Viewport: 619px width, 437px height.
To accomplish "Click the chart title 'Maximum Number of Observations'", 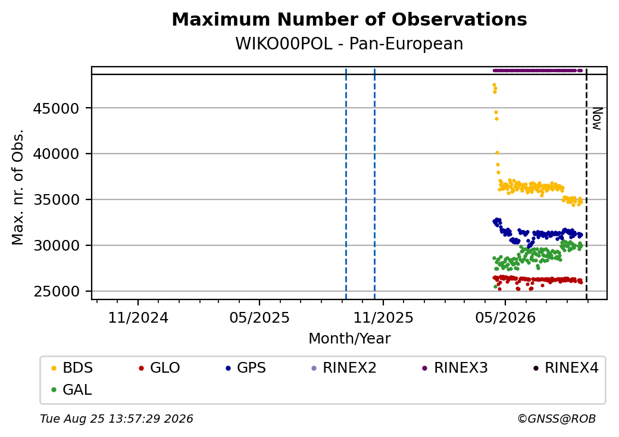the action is tap(349, 19).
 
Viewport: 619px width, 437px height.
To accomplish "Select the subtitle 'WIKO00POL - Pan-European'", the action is tap(349, 43).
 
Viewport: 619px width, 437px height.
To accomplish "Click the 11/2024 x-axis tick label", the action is tap(138, 318).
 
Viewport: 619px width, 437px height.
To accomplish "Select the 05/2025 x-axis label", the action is tap(260, 318).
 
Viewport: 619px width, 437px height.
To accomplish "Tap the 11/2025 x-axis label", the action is tap(383, 318).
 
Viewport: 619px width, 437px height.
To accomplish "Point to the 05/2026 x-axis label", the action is tap(505, 318).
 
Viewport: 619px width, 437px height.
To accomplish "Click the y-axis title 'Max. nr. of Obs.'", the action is tap(18, 187).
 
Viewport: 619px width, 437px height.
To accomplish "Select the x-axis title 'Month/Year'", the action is tap(349, 339).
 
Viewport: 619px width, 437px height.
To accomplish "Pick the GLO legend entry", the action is tap(159, 368).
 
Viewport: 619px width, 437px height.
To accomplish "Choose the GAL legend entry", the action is tap(71, 390).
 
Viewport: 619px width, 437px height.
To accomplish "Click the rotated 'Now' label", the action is tap(597, 119).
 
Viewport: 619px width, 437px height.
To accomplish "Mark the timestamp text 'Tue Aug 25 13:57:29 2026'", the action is tap(117, 419).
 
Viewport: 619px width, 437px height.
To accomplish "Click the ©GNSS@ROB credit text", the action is tap(557, 419).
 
